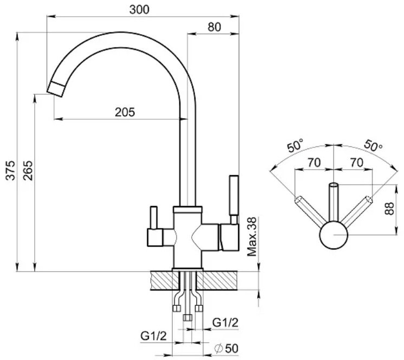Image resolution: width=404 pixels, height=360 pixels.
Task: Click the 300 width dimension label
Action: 139,10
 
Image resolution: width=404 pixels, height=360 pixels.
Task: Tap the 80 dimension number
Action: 214,27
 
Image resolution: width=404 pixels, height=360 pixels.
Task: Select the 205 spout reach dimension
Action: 125,112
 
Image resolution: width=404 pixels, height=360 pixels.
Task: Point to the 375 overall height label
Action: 11,170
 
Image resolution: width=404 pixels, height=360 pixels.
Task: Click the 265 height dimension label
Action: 28,170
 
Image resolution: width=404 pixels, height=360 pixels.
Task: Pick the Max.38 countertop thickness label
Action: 252,237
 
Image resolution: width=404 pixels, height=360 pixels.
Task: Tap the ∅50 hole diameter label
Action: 226,349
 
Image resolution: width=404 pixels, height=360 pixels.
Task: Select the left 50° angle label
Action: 296,145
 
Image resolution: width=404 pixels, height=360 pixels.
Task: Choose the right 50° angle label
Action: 373,145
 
